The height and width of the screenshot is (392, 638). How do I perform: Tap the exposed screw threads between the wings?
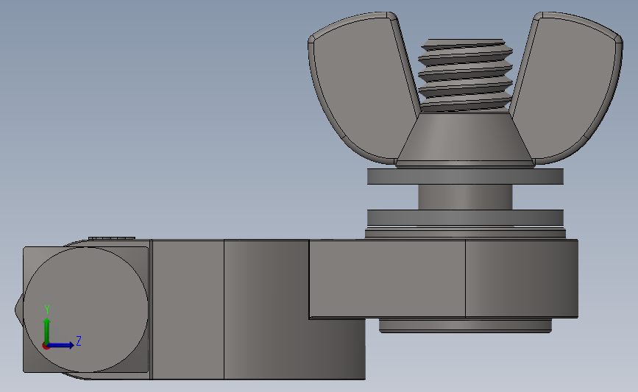click(464, 74)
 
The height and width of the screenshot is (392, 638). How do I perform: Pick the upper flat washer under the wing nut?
click(465, 177)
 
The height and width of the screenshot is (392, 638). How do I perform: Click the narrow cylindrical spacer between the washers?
click(465, 197)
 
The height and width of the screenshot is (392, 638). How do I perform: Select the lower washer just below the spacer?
click(465, 218)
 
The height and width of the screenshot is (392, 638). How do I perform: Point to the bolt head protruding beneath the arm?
click(465, 326)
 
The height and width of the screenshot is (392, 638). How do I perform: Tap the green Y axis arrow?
click(47, 327)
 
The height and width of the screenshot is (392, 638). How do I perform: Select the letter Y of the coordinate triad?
click(47, 310)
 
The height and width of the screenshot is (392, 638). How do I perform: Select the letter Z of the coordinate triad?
click(78, 341)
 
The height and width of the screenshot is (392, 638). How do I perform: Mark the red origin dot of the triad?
click(46, 345)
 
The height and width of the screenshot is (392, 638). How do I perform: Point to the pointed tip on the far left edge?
click(18, 310)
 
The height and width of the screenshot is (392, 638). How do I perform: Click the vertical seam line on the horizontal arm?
click(465, 279)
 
